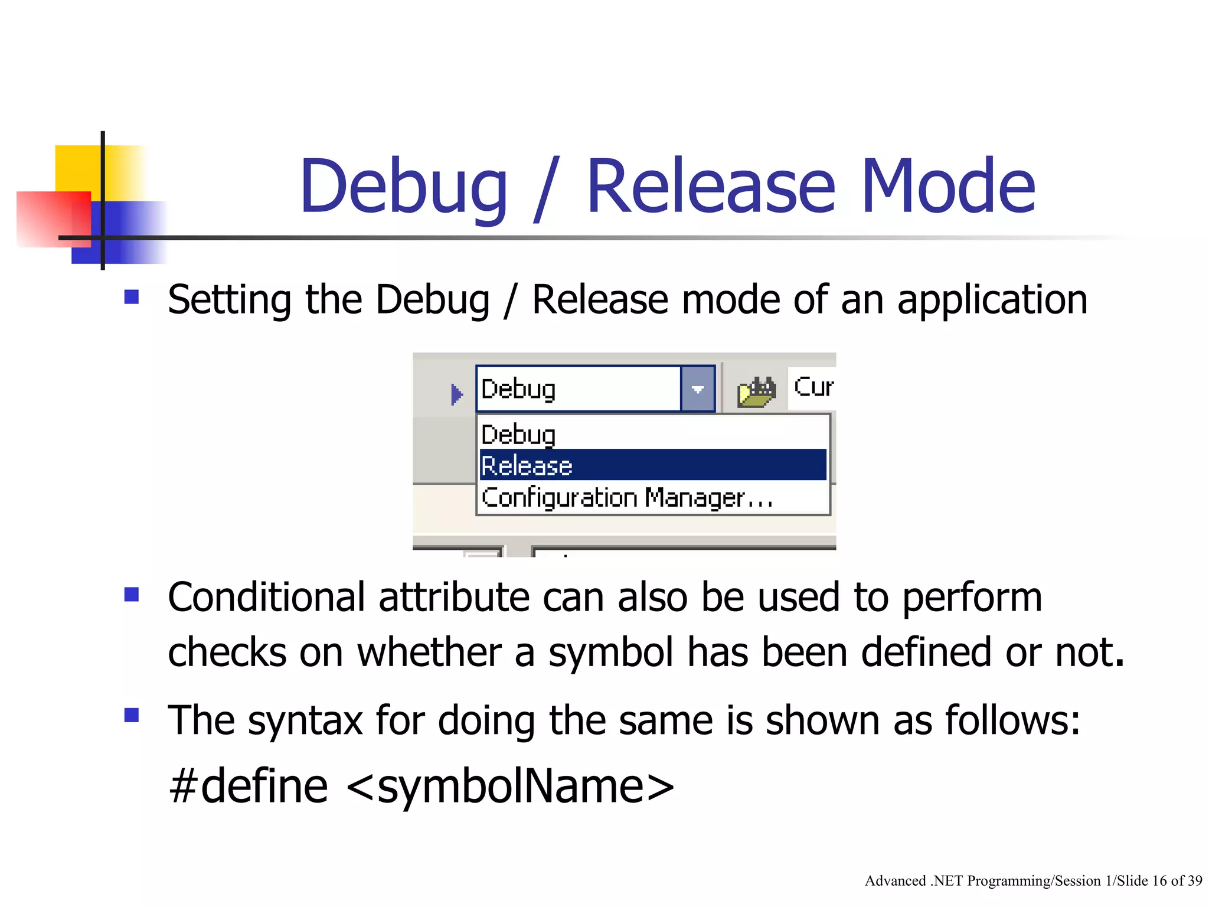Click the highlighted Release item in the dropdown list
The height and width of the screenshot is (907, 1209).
point(652,465)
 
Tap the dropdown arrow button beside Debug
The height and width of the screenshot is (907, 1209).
point(698,389)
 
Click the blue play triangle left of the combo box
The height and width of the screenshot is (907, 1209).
point(456,394)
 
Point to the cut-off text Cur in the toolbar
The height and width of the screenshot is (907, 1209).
point(813,387)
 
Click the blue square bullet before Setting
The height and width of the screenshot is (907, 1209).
point(132,296)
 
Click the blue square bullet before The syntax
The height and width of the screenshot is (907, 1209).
point(132,715)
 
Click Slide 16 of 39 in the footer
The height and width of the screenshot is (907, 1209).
point(1159,881)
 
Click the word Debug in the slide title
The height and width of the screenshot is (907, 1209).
point(403,186)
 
